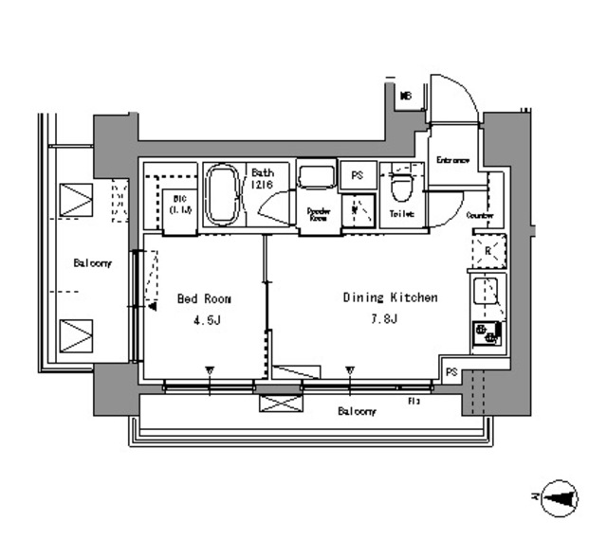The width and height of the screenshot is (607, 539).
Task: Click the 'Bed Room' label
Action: coord(204,299)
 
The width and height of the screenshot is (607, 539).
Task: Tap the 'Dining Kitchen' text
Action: coord(390,297)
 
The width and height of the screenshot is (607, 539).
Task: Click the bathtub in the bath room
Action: coord(223,195)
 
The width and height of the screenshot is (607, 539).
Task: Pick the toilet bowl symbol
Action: coord(400,187)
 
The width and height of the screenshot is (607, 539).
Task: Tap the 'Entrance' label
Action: coord(452,160)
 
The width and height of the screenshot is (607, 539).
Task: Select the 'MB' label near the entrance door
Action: coord(405,97)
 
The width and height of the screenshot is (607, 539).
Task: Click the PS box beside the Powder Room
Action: coord(358,175)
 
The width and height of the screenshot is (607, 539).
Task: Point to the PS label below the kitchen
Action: coord(451,373)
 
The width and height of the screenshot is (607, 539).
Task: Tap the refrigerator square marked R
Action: coord(487,252)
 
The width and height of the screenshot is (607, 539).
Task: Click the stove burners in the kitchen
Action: coord(487,332)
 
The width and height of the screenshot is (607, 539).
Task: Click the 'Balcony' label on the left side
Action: coord(92,263)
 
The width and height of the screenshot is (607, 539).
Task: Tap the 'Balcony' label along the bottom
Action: coord(357,411)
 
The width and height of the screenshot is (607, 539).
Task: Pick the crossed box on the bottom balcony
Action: coord(280,403)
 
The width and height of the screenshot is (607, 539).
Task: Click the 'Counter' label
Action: coord(480,216)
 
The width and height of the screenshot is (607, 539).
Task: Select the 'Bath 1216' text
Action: coord(262,178)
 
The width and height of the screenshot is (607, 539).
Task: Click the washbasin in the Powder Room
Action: coord(316,177)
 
